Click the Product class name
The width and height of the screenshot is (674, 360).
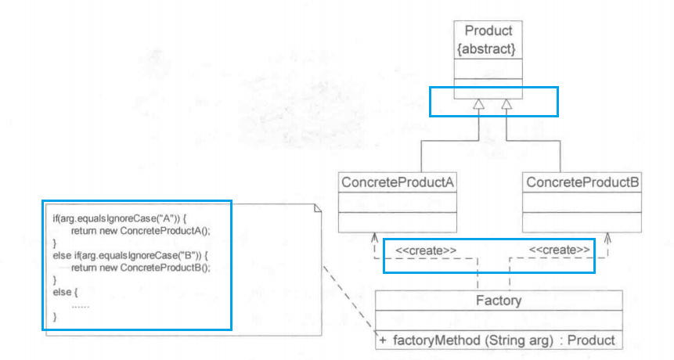click(488, 31)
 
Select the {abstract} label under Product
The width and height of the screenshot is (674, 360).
click(488, 48)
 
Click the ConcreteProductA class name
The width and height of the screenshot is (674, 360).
click(398, 182)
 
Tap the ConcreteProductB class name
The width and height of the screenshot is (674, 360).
click(582, 182)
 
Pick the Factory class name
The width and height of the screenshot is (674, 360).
click(499, 301)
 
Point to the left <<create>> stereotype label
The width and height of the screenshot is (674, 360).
click(426, 250)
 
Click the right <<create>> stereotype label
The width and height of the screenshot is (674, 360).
click(560, 250)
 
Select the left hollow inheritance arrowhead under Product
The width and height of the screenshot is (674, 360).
click(479, 104)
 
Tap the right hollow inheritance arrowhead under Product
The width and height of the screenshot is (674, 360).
click(506, 104)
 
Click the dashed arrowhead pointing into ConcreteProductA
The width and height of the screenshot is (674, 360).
click(376, 237)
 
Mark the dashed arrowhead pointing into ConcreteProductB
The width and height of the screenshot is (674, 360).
click(607, 237)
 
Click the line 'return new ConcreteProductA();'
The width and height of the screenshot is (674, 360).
click(141, 232)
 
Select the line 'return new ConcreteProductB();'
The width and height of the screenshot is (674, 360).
click(141, 268)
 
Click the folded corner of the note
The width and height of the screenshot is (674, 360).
click(317, 207)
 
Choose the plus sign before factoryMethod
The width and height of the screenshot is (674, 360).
click(383, 340)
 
